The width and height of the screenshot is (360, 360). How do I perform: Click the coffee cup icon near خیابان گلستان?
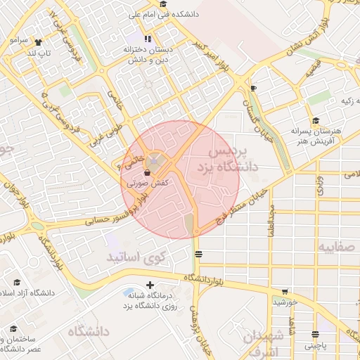(254, 88)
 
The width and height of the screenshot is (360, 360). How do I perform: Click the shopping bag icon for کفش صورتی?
(146, 172)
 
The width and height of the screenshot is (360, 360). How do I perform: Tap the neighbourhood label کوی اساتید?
(135, 258)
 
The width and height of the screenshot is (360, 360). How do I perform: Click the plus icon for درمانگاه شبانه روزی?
(149, 285)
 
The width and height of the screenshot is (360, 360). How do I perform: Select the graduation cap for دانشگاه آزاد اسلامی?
(17, 282)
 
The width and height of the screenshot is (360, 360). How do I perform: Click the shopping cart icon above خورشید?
(285, 292)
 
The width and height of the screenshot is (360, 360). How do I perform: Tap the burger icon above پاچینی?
(314, 335)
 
